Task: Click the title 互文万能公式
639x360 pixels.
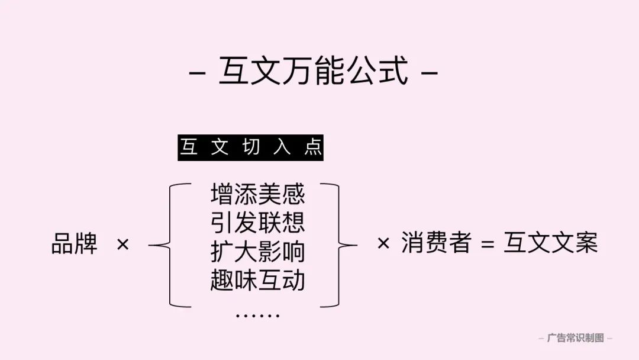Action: click(314, 71)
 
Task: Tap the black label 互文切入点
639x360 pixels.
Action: click(251, 147)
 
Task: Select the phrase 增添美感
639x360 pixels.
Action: click(258, 194)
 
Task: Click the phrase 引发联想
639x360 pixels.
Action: click(258, 223)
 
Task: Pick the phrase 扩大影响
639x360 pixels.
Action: click(258, 252)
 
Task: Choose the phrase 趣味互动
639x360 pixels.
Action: click(258, 280)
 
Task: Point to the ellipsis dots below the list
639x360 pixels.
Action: click(257, 316)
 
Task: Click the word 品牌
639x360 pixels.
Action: click(75, 244)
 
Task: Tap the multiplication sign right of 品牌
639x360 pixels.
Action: click(122, 245)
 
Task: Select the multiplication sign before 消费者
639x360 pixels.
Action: click(383, 243)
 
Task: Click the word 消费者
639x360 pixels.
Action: click(437, 242)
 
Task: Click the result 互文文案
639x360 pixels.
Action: click(551, 242)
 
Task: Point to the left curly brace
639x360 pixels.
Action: click(170, 245)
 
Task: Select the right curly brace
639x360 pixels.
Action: click(338, 245)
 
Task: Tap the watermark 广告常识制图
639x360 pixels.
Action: click(576, 338)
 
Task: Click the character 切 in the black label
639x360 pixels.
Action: click(251, 147)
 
